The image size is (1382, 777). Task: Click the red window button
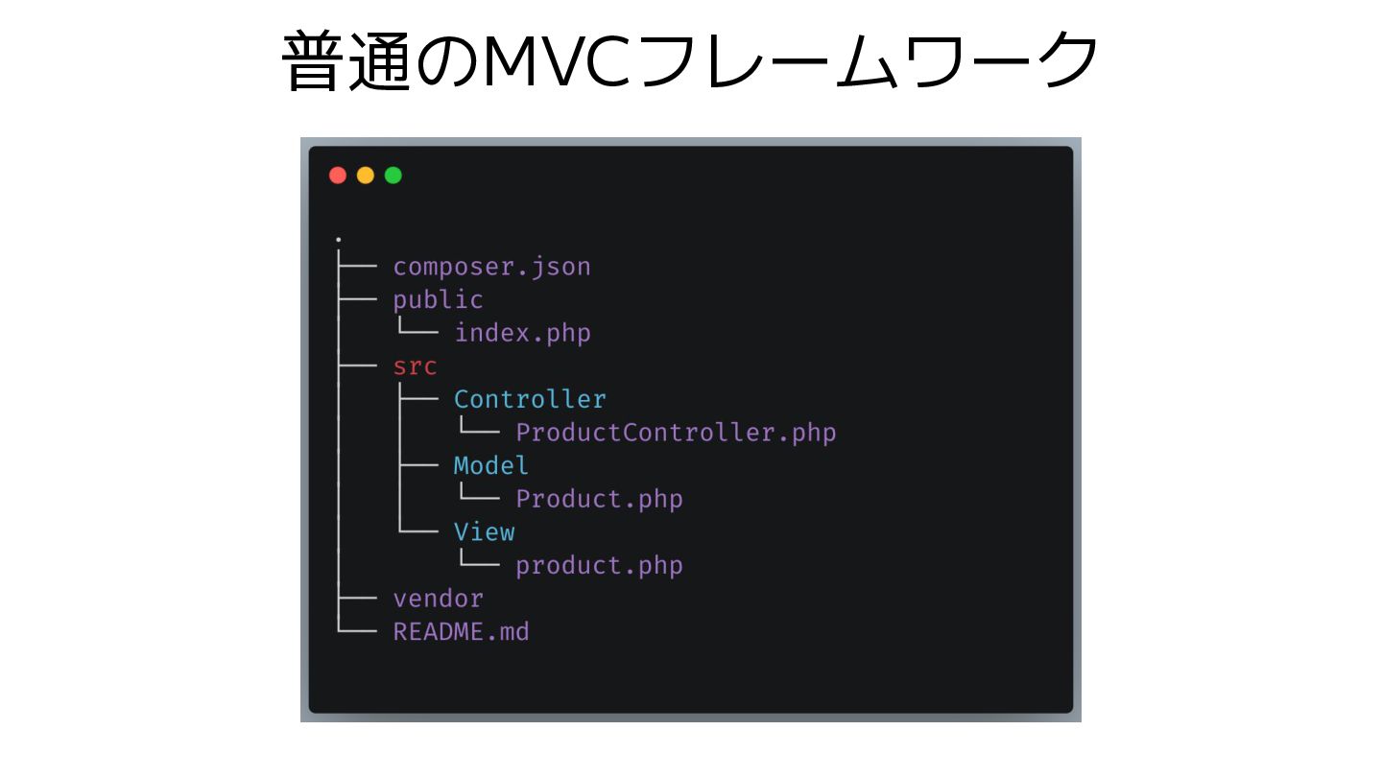338,175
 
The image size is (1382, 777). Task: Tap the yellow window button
366,175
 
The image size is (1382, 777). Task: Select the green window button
393,175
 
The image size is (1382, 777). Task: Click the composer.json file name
491,267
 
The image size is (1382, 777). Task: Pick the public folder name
438,300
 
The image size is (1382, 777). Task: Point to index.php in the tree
522,333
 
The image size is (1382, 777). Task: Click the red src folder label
415,366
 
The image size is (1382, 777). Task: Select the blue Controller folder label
530,399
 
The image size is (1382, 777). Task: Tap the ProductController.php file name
676,433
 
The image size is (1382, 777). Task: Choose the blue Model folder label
491,465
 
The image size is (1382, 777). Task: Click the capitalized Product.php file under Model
599,499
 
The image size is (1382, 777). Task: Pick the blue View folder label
484,531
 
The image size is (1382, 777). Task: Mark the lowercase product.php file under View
599,565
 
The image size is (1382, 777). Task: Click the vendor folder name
438,599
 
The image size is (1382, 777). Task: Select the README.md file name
461,632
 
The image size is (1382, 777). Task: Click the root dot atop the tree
339,239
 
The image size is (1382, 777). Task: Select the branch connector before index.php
418,331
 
